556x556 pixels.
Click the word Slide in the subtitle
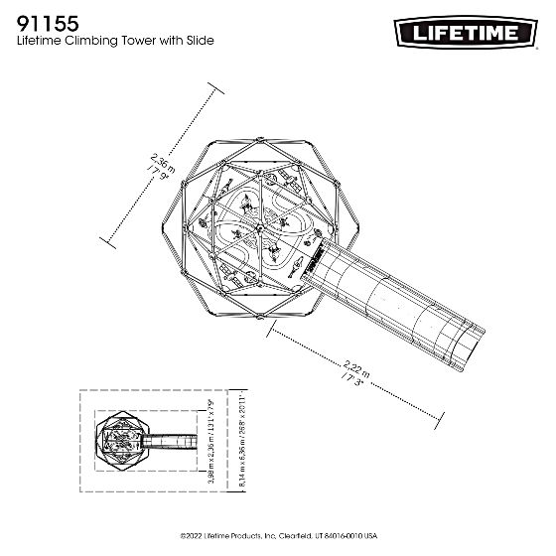(197, 42)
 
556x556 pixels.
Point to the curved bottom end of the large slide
(474, 347)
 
